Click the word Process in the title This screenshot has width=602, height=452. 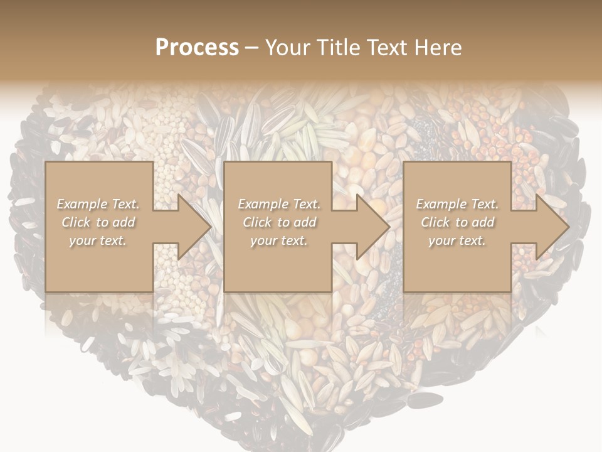point(197,48)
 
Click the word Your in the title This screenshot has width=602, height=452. point(287,48)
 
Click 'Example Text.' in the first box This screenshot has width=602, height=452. point(98,204)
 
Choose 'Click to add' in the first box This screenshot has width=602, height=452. point(98,222)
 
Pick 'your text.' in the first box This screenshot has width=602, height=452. point(98,240)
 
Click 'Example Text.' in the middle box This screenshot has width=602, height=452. point(278,204)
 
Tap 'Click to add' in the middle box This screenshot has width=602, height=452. point(278,222)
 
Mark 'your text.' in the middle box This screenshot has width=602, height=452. point(278,240)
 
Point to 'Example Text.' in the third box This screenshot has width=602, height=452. point(457,204)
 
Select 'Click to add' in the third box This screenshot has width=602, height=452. point(457,222)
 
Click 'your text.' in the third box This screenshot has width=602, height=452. point(457,240)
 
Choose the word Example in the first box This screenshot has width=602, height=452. point(82,204)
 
